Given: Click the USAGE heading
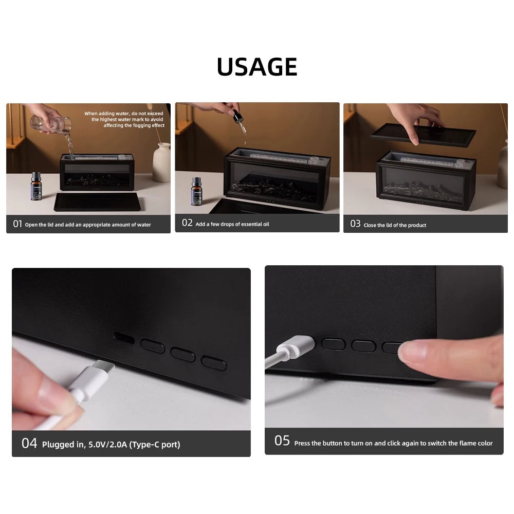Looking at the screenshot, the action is pos(257,67).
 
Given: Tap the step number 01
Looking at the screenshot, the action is pos(17,224).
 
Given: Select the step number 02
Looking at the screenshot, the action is pos(187,223).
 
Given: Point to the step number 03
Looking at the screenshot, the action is pos(355,224).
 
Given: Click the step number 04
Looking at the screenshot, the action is pos(29,444).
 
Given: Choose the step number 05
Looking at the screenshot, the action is pos(282,441).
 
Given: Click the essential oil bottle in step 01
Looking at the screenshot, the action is pos(36,186).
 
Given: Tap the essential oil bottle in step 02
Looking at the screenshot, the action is pos(196,191).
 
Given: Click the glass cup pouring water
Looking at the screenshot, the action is pos(51,124).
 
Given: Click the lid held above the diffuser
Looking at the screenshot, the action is pos(423,134).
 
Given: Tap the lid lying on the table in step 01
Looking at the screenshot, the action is pos(98,201).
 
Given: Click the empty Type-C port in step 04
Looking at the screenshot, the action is pos(123,338).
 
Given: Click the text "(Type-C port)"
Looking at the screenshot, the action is pos(155,445).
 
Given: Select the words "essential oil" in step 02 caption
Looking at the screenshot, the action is pos(255,224).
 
